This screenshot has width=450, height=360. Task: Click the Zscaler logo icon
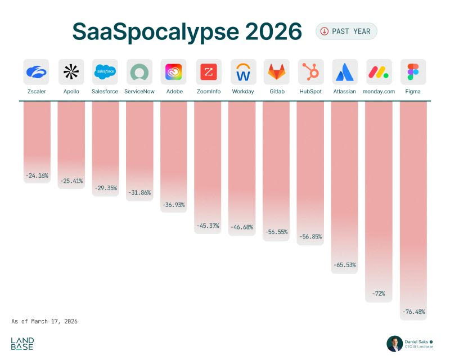[37, 72]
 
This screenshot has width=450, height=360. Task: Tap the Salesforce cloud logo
[105, 72]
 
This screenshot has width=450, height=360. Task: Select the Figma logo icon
[413, 72]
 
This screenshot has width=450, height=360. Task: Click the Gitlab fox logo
[276, 72]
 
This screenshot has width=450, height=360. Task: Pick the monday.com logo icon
[379, 72]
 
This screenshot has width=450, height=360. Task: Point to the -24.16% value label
[37, 175]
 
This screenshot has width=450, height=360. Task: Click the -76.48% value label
[413, 312]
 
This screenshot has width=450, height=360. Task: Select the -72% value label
[379, 294]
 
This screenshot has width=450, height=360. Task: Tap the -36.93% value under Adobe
[173, 205]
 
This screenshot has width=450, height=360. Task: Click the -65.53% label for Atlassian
[344, 264]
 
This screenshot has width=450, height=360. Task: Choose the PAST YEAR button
[346, 31]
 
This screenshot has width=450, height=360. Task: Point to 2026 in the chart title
[273, 32]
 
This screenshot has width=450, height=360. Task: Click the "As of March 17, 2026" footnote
[44, 321]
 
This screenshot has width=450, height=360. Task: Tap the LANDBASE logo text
[22, 344]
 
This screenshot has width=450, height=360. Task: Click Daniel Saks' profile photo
[394, 344]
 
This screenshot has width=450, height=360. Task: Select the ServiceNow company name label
[139, 91]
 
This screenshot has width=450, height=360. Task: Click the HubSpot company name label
[310, 91]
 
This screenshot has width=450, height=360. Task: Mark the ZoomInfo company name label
[208, 91]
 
